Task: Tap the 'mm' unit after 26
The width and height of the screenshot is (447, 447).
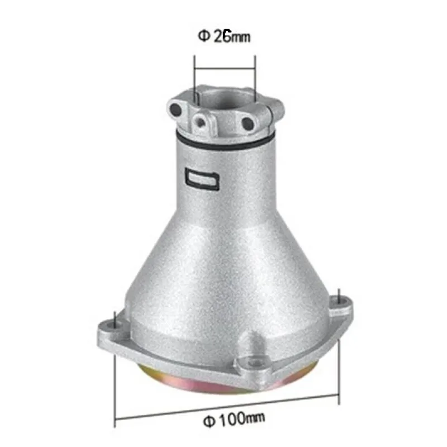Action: [x=241, y=38]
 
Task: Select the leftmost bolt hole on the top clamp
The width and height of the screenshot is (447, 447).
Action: [x=177, y=108]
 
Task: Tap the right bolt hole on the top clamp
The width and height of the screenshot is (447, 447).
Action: [x=247, y=121]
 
